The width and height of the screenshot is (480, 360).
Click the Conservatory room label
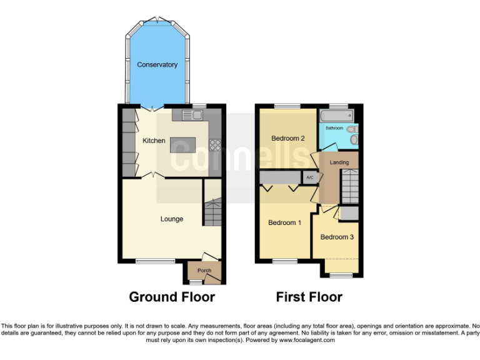(x=157, y=65)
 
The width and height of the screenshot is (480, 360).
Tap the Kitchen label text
(x=154, y=141)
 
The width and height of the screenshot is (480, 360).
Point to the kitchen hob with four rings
(x=215, y=145)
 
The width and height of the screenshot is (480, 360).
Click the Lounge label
(x=172, y=219)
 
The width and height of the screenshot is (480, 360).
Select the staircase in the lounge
(x=212, y=212)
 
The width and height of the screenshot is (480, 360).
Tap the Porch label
(x=204, y=271)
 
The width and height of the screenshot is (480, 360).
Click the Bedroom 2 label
(x=287, y=138)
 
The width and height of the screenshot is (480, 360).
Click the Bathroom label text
(x=334, y=129)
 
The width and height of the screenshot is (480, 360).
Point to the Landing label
(x=339, y=162)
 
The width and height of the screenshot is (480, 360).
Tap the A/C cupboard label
(x=309, y=177)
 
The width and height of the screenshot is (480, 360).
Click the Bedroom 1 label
(x=284, y=223)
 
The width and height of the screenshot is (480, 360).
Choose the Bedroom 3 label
(x=337, y=237)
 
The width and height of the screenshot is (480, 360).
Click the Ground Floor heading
(x=172, y=297)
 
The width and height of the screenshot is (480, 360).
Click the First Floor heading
(x=309, y=297)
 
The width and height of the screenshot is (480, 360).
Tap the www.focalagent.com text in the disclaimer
(x=307, y=341)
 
